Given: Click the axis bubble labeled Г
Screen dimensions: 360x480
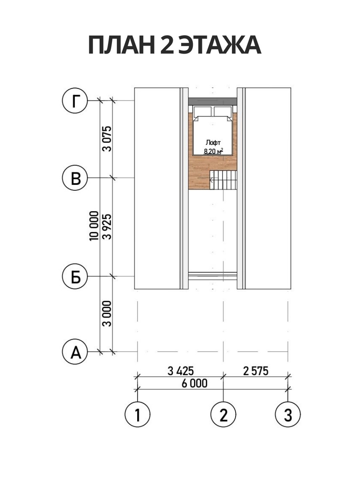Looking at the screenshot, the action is (x=75, y=101).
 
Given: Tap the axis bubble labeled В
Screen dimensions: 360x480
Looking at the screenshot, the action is (x=75, y=178).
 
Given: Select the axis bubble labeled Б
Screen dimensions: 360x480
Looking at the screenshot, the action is (x=75, y=276).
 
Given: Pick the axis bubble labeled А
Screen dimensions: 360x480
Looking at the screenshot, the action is (x=75, y=352).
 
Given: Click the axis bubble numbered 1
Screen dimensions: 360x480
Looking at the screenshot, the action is (x=138, y=414).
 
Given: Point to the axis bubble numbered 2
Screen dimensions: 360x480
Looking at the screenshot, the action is (x=223, y=414).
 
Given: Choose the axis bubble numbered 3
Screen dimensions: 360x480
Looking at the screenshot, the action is (x=288, y=414).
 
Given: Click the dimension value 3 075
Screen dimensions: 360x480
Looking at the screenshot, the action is (x=107, y=139).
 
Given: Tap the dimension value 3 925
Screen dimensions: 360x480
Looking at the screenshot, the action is (x=107, y=227).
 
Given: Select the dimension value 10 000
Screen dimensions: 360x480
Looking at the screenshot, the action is (x=94, y=226).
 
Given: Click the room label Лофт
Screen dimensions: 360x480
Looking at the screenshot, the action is (x=213, y=143).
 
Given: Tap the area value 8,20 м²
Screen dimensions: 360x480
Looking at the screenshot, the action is (x=213, y=151).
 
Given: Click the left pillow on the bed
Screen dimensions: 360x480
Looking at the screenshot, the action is (x=202, y=111).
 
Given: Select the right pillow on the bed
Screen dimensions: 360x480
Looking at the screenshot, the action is (x=223, y=111).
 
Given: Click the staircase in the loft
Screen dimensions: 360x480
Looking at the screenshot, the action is (x=223, y=180).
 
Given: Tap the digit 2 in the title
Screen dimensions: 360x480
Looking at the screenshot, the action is (x=167, y=45).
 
